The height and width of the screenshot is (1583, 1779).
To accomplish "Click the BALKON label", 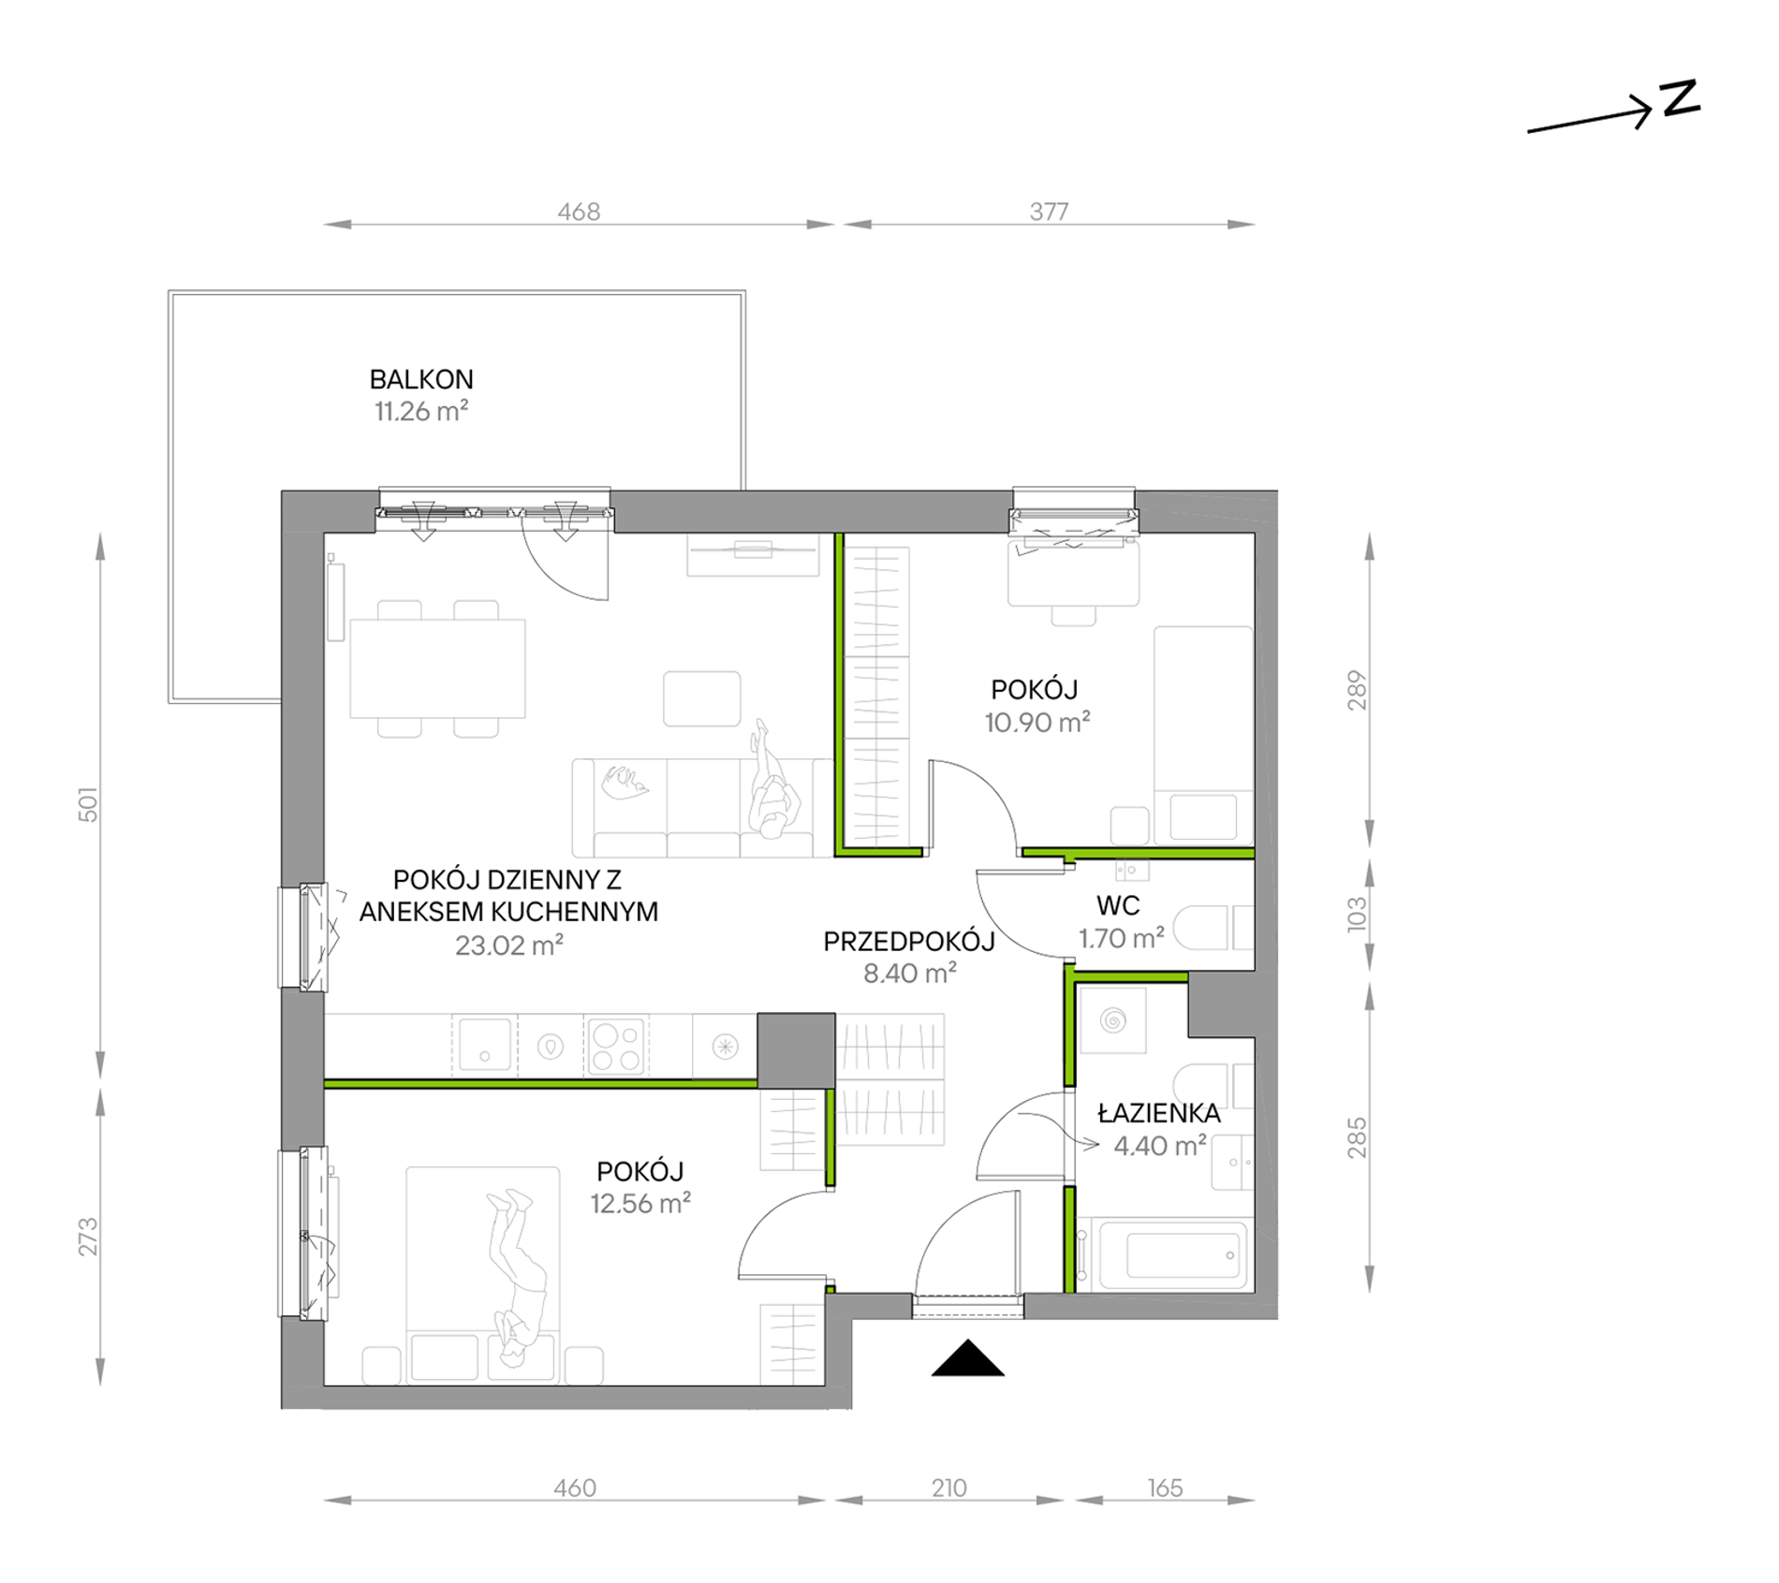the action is tap(421, 379).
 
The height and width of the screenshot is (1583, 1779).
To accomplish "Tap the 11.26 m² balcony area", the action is tap(421, 411).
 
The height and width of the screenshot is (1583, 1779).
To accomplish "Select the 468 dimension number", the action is tap(579, 212).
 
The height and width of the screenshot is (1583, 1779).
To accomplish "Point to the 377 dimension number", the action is tap(1049, 212).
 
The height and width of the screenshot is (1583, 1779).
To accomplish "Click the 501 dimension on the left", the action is tap(87, 804).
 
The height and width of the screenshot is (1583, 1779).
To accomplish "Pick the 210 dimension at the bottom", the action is tap(948, 1488).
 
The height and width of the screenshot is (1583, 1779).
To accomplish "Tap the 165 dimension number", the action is tap(1165, 1488).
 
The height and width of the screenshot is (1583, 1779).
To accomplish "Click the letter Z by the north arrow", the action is tap(1680, 98).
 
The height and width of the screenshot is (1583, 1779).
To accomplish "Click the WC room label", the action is tap(1118, 905).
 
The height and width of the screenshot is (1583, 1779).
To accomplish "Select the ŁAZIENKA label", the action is tap(1159, 1113).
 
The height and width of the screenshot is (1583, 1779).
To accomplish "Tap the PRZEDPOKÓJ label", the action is tap(909, 941).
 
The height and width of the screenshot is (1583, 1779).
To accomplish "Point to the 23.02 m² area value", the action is tap(509, 945).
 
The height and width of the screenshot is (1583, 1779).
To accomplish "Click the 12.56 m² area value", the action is tap(640, 1203).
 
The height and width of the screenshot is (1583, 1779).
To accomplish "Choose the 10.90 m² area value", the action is tap(1037, 722).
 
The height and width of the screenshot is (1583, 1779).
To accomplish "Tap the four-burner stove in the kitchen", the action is tap(616, 1046).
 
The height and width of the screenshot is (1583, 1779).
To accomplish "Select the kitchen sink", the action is tap(484, 1045).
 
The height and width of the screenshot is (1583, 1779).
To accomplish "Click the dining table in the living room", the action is tap(437, 668).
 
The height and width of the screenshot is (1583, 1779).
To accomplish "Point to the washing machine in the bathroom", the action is tap(1113, 1020).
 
